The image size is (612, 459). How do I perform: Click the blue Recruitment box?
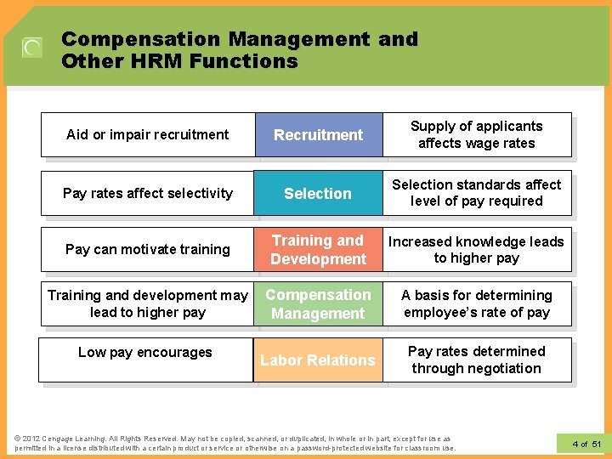tap(318, 135)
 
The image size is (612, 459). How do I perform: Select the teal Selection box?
tap(317, 194)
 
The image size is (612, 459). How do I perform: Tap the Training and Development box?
tap(318, 250)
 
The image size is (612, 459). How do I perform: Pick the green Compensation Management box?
tap(318, 304)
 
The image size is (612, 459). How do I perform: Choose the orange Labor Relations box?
tap(317, 360)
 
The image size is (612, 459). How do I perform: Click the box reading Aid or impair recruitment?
tap(147, 135)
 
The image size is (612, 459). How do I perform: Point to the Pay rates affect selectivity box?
tap(147, 194)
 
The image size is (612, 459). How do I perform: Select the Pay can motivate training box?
tap(147, 250)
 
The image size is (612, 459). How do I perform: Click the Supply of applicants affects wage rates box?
tap(476, 135)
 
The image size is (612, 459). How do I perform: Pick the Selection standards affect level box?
tap(476, 193)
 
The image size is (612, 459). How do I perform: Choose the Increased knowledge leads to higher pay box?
tap(476, 250)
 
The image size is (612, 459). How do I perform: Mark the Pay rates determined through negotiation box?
tap(476, 360)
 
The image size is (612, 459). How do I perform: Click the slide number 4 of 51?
tap(586, 444)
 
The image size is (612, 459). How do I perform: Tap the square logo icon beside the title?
tap(32, 48)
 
